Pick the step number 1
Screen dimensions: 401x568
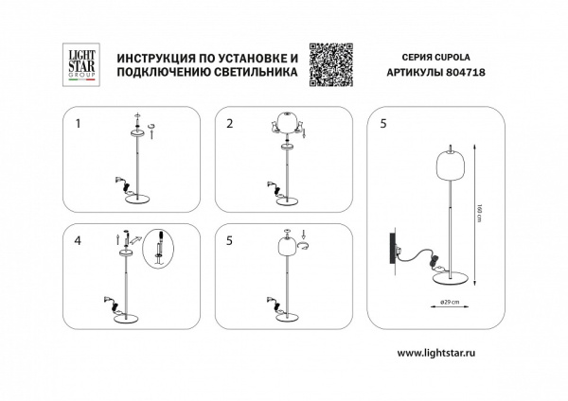pos(79,123)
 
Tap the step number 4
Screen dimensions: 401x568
pos(79,239)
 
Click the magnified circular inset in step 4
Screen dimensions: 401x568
pos(162,251)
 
